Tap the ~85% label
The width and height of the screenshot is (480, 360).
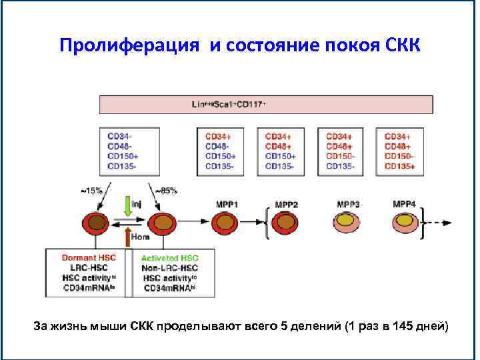(166, 190)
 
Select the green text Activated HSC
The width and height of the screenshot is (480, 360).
(170, 258)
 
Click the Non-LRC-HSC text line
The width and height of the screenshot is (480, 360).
(170, 268)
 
